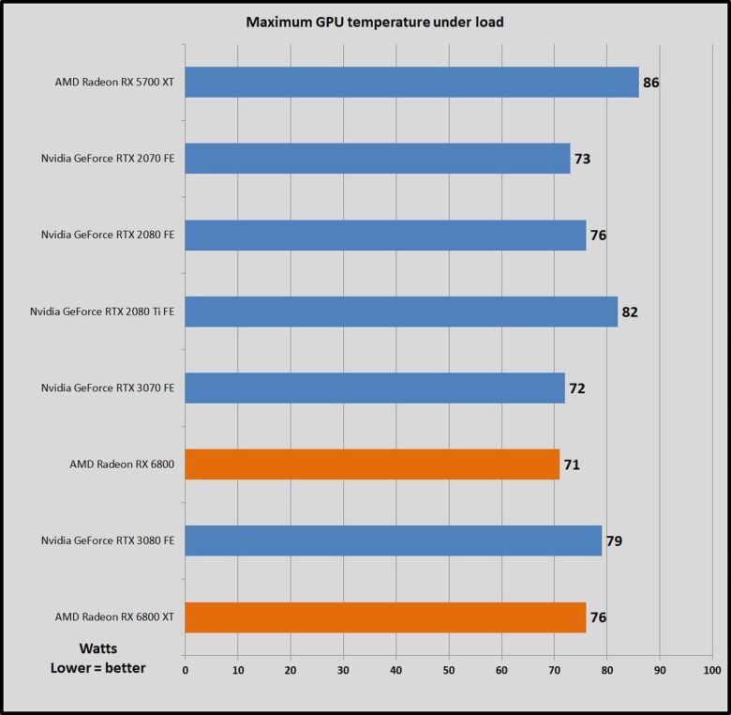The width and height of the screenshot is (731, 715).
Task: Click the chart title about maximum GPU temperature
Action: point(375,23)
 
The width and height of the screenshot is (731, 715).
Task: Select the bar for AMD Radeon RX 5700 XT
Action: point(412,82)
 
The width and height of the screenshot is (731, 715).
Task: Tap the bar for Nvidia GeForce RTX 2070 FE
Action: point(378,159)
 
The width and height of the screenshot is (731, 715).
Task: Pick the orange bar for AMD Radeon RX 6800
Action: point(372,464)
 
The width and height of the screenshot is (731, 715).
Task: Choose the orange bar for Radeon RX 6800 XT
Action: point(385,616)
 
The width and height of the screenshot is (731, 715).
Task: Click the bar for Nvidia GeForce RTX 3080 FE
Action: point(394,540)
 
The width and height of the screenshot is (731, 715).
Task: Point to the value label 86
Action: point(651,83)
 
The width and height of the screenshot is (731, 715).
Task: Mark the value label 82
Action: point(630,312)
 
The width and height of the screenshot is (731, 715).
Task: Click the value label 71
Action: point(572,464)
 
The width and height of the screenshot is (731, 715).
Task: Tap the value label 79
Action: point(614,540)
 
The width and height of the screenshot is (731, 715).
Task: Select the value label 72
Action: point(577,388)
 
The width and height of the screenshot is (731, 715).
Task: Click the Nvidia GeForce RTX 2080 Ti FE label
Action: point(102,312)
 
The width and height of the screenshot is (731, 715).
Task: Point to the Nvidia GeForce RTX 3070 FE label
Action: point(108,388)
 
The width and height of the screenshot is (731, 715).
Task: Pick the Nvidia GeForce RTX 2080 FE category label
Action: point(108,235)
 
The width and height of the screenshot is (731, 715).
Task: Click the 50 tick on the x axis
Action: point(449,670)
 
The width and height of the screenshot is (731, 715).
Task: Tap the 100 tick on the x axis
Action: point(712,670)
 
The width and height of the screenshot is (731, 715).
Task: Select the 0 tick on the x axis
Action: point(186,670)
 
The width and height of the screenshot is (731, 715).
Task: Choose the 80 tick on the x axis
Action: point(606,670)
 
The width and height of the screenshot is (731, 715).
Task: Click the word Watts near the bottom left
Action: point(97,647)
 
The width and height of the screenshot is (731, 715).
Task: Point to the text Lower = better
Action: point(97,667)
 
